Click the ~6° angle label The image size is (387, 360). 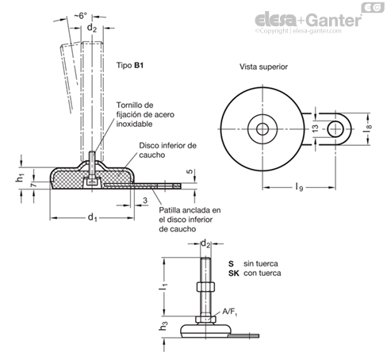pos(80,16)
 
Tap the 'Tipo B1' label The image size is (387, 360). pos(130,65)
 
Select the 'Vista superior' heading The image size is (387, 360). pos(263,67)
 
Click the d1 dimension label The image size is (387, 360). pos(92,217)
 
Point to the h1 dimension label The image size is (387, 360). pos(20,178)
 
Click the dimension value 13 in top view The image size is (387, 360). pos(316,128)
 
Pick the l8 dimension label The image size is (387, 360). pos(368,129)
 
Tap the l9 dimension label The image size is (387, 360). pos(299,187)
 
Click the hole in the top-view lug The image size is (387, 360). pos(335,129)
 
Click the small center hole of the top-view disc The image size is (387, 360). pos(262,129)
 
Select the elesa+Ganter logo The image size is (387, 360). pos(308,20)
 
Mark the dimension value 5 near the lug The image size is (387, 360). pos(190,171)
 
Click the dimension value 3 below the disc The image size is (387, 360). pos(145,201)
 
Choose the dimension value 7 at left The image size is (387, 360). pos(33,185)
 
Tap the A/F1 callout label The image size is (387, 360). pos(230,312)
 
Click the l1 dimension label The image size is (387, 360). pos(163,286)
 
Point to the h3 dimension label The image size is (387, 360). pos(163,325)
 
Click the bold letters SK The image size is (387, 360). pos(234,273)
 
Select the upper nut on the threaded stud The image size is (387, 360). pos(205,287)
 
